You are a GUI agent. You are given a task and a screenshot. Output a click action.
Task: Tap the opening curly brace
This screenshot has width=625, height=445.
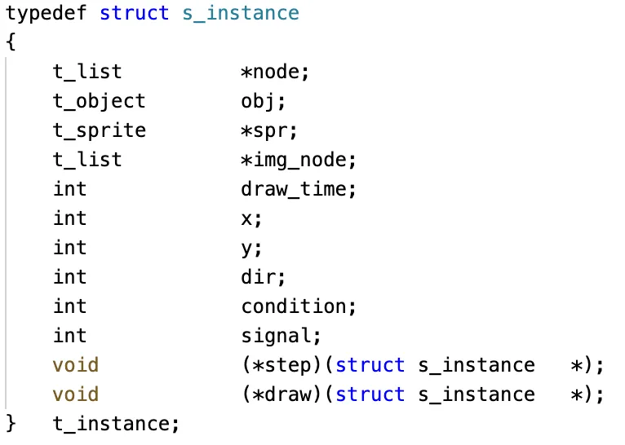click(x=11, y=42)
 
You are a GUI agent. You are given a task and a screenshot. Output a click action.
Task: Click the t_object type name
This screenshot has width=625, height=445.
click(x=99, y=101)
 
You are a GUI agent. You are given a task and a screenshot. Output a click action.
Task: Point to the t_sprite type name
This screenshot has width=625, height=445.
click(x=99, y=130)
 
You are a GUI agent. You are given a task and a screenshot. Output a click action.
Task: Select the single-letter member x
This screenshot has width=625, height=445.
click(x=247, y=218)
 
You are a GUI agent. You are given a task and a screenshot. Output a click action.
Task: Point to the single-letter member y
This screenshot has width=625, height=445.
click(x=247, y=248)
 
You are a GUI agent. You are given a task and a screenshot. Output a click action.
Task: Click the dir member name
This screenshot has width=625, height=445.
click(x=259, y=277)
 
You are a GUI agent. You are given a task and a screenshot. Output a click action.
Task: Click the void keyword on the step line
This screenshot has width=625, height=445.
click(x=76, y=365)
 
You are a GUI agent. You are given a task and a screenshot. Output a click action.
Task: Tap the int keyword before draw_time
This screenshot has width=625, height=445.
click(x=69, y=189)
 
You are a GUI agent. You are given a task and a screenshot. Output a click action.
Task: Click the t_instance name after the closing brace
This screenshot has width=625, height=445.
click(x=110, y=424)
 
